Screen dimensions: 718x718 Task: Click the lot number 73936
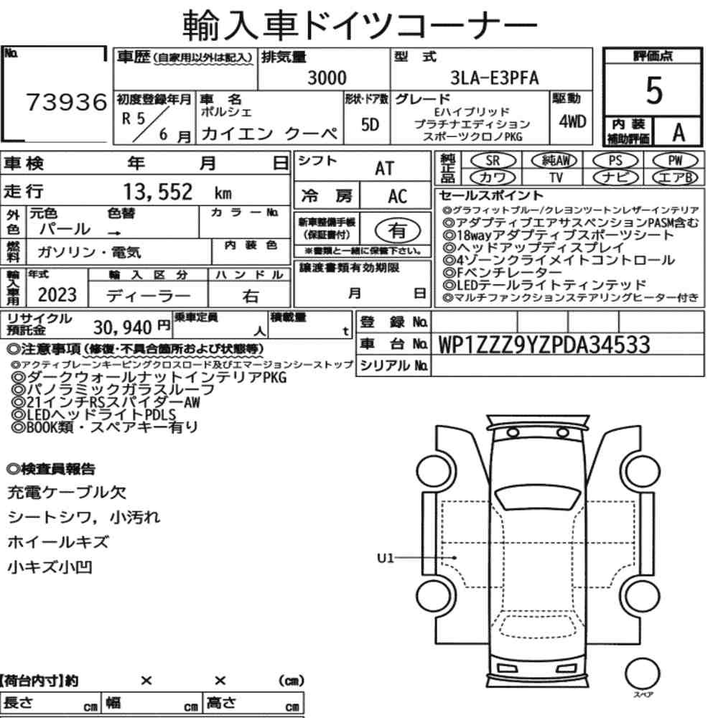(67, 102)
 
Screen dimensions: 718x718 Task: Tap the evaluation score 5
(654, 90)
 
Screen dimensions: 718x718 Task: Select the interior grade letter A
(679, 133)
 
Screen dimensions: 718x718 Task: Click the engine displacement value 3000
(327, 78)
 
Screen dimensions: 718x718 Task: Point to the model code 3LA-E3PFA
(495, 78)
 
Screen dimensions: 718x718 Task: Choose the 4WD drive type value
(572, 121)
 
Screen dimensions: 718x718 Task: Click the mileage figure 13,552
(158, 192)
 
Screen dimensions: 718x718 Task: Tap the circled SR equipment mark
(493, 161)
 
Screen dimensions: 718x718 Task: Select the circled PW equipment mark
(675, 161)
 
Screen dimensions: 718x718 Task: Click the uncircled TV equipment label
(556, 177)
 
